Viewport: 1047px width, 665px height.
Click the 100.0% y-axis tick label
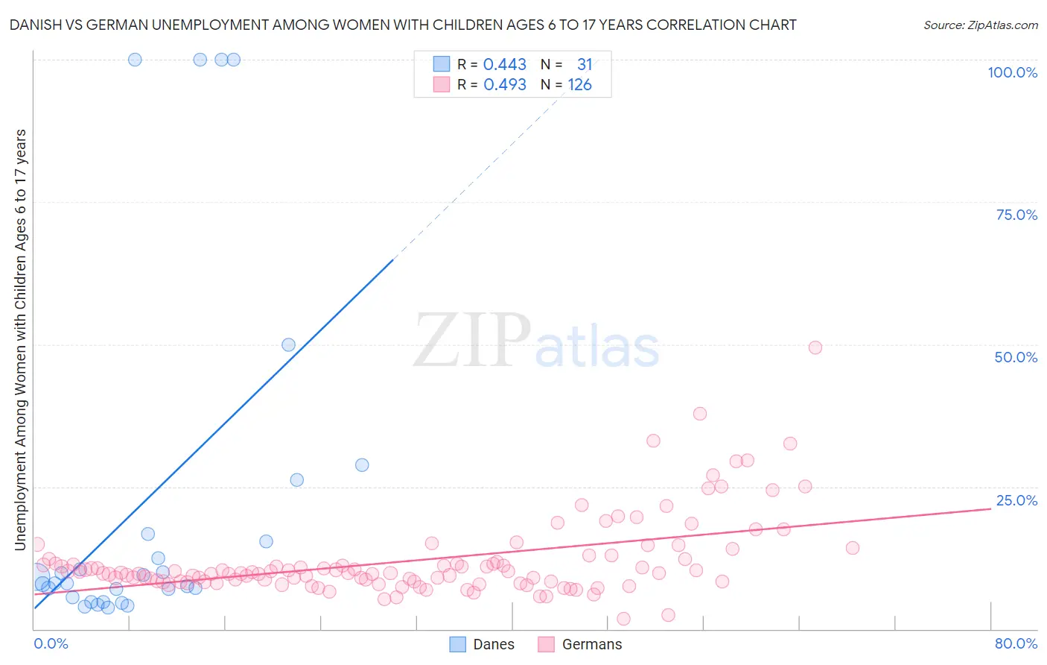click(x=1012, y=72)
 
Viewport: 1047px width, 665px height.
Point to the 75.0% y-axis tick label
click(x=1016, y=215)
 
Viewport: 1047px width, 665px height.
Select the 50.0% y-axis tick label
click(x=1016, y=357)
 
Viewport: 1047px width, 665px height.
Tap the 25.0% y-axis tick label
click(x=1016, y=500)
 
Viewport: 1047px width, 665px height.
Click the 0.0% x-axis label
click(x=51, y=643)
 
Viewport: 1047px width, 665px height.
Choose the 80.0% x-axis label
click(x=1016, y=643)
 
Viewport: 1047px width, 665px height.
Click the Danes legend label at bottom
click(x=494, y=644)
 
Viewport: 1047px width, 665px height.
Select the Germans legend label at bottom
click(x=591, y=644)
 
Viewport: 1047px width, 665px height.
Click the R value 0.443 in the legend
click(x=505, y=65)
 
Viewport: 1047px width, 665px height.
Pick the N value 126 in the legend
click(x=579, y=85)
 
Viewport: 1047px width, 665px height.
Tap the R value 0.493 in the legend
click(x=505, y=85)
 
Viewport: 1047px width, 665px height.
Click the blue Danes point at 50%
click(x=288, y=344)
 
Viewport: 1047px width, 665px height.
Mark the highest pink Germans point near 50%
click(x=815, y=347)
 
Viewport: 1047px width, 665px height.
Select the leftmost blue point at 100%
click(x=135, y=60)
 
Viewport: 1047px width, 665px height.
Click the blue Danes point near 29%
click(x=362, y=464)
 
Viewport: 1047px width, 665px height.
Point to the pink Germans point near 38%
click(x=699, y=414)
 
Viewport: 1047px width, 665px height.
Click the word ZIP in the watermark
click(x=471, y=340)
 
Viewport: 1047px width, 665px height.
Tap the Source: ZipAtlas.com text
click(x=980, y=25)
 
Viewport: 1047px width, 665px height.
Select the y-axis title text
click(x=20, y=339)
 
